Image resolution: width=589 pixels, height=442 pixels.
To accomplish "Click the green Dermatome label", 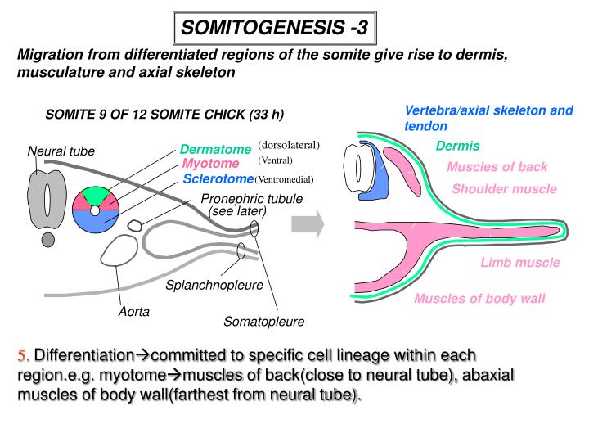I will point(215,149).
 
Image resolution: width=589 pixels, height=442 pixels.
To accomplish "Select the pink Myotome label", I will point(210,163).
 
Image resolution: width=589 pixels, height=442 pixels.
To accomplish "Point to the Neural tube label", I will point(61,151).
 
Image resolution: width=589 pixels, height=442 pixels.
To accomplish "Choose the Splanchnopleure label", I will point(214,286).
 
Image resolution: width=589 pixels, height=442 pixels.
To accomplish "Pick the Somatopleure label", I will point(264,322).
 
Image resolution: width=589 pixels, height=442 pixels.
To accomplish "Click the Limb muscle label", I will point(519,263).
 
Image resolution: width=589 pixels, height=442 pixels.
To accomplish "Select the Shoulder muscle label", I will point(504,189).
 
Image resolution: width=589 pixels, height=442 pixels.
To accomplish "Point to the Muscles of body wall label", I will point(479,298).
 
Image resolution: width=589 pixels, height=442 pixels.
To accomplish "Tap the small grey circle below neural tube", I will point(48,239).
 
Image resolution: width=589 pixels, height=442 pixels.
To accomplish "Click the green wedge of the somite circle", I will point(97,195).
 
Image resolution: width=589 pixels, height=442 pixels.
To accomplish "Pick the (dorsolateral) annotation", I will point(288,145).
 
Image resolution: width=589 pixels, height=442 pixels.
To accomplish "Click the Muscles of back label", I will point(497,167).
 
